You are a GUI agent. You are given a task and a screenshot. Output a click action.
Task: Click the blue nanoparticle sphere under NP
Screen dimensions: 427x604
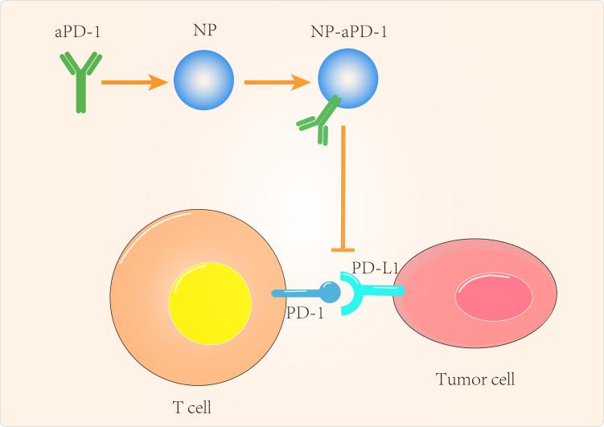pyautogui.click(x=203, y=81)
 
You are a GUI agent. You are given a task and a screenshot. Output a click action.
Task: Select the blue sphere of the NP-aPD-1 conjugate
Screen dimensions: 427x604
pyautogui.click(x=349, y=79)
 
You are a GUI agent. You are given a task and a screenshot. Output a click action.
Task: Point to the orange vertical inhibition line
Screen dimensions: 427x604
pyautogui.click(x=344, y=185)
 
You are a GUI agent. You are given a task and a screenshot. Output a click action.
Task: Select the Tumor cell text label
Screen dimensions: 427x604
pyautogui.click(x=475, y=379)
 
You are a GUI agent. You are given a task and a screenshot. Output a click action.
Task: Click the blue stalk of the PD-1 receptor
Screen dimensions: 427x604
pyautogui.click(x=298, y=294)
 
